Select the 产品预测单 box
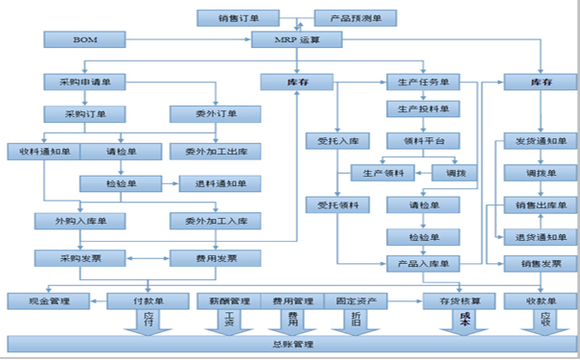[x=355, y=18]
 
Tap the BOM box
[x=85, y=40]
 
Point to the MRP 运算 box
[x=296, y=40]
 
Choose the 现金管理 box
[x=46, y=299]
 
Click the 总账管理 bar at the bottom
[x=289, y=345]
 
